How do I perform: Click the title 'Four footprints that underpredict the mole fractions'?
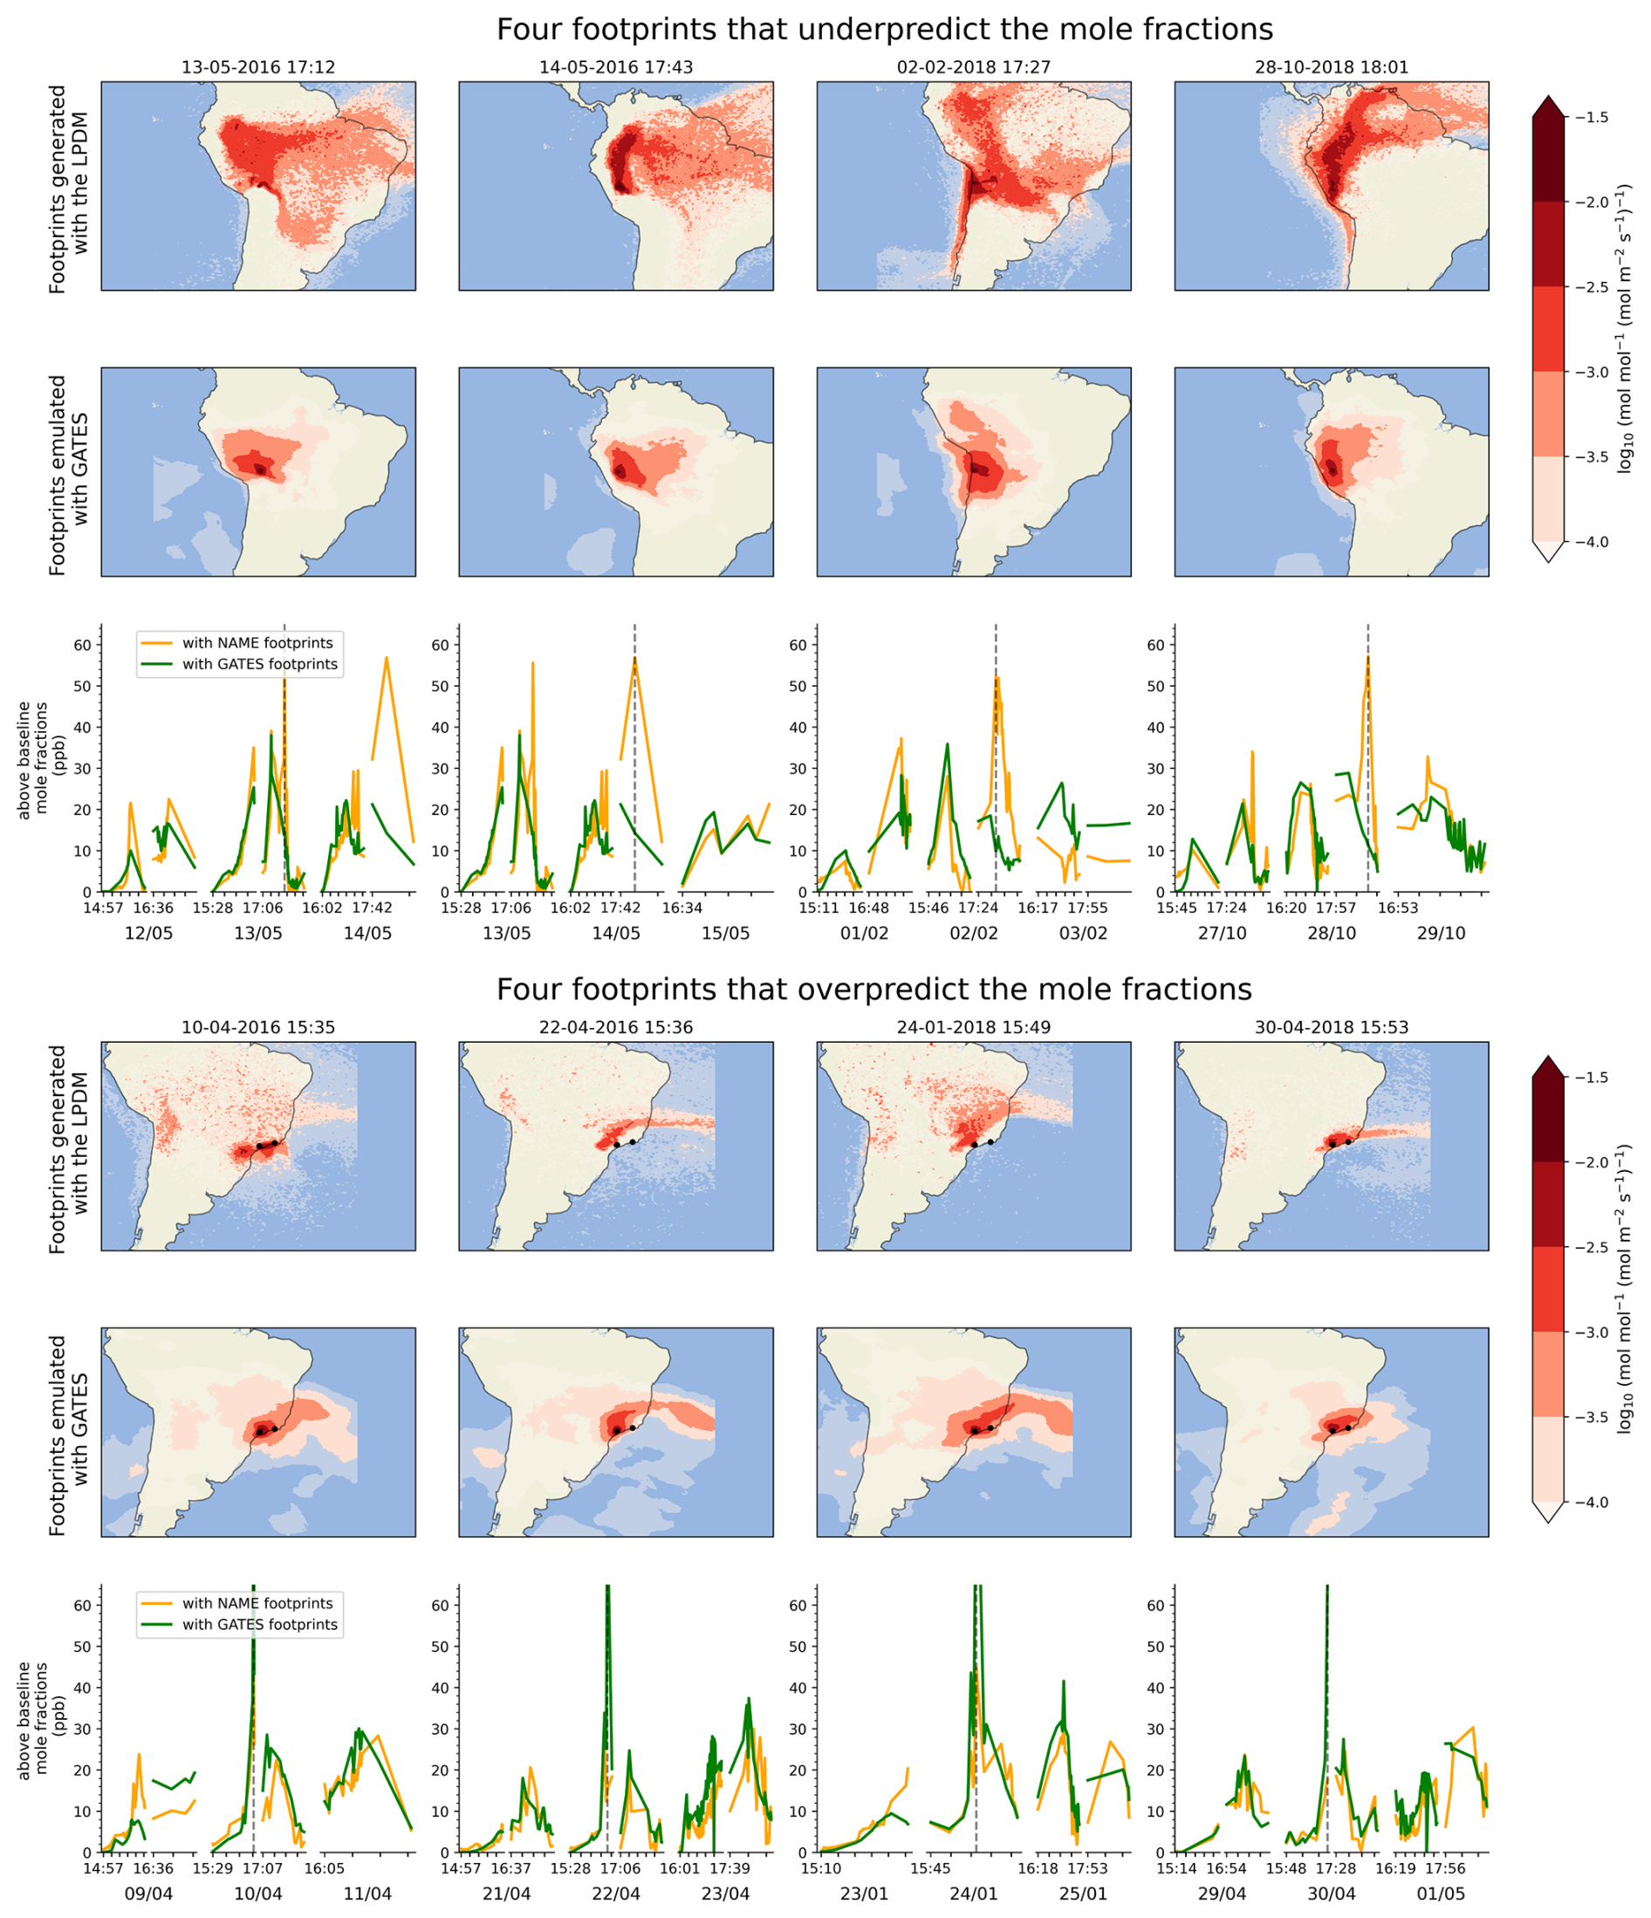click(884, 30)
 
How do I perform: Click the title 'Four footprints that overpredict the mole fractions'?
click(873, 990)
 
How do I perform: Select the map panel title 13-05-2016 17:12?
click(258, 67)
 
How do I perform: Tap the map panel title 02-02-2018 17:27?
click(974, 67)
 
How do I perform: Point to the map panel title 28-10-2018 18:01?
click(1331, 67)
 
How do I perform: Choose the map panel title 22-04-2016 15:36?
click(615, 1028)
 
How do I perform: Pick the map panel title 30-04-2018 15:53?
click(1331, 1028)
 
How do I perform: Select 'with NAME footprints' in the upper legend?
click(257, 642)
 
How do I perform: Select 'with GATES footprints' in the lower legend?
click(259, 1625)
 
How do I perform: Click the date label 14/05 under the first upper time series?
click(367, 933)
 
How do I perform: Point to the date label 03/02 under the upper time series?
click(1083, 933)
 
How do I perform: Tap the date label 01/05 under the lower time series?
click(1440, 1894)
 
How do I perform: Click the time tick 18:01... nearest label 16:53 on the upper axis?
click(1397, 908)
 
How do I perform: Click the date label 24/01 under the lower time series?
click(974, 1894)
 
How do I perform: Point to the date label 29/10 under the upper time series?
click(1440, 933)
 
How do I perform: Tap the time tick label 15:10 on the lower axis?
click(822, 1869)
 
